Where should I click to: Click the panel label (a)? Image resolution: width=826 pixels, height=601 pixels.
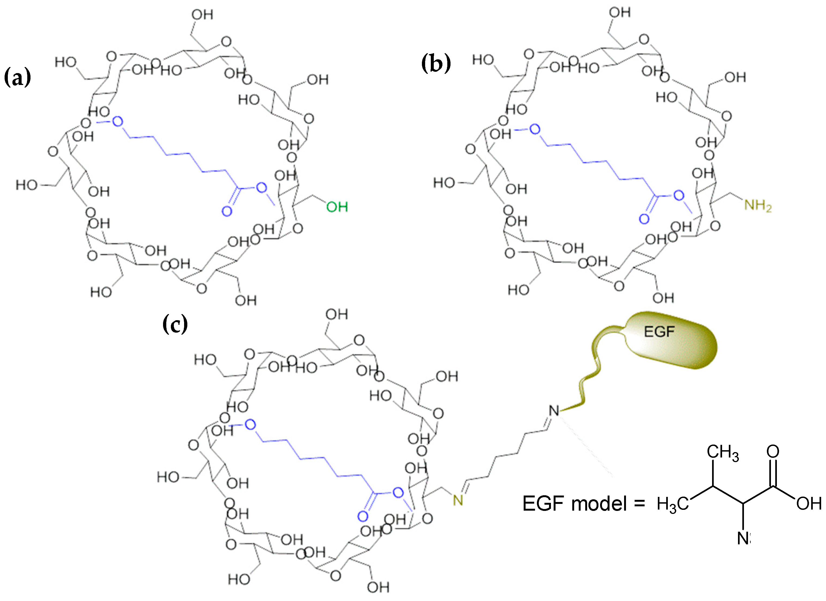(17, 77)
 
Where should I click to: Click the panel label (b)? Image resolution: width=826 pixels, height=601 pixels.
(436, 63)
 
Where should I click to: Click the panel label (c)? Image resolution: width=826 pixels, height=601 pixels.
(175, 324)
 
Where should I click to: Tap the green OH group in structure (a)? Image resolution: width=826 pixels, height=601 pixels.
(337, 207)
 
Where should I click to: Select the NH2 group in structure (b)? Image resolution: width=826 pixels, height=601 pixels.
(757, 206)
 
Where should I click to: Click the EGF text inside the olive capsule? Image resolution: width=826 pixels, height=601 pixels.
(659, 332)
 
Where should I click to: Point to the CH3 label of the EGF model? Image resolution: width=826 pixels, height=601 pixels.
(723, 452)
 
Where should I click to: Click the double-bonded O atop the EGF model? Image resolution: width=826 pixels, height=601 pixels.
(773, 451)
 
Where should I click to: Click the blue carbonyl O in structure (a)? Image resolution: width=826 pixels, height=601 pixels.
(227, 211)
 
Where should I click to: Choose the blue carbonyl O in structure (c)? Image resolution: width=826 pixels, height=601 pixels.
(363, 516)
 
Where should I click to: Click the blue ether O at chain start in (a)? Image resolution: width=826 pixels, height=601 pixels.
(117, 122)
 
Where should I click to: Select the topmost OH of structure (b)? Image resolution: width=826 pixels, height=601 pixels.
(619, 12)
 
